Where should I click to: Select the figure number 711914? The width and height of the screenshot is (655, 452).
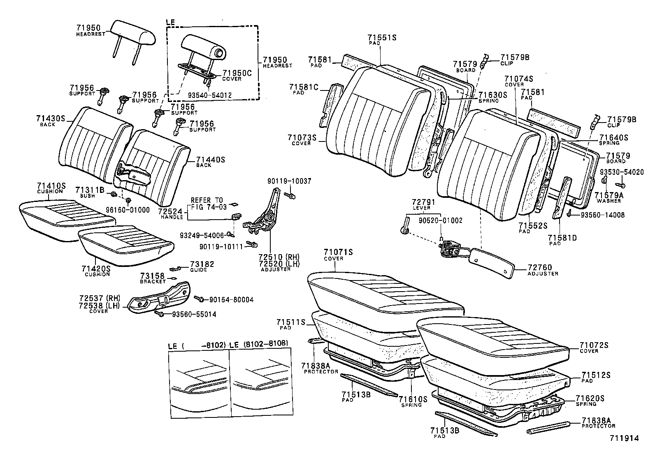click(624, 438)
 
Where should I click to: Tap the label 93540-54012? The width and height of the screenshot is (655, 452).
click(211, 95)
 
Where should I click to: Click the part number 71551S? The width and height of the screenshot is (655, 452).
click(381, 38)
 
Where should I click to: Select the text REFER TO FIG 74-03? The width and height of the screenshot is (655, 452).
click(207, 204)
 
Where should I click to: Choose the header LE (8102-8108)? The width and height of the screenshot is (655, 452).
click(258, 344)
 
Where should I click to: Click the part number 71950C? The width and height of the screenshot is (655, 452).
click(237, 73)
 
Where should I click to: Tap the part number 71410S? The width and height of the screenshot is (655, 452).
click(51, 186)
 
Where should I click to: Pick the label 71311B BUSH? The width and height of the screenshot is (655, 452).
click(90, 192)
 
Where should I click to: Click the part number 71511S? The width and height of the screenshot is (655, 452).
click(290, 322)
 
